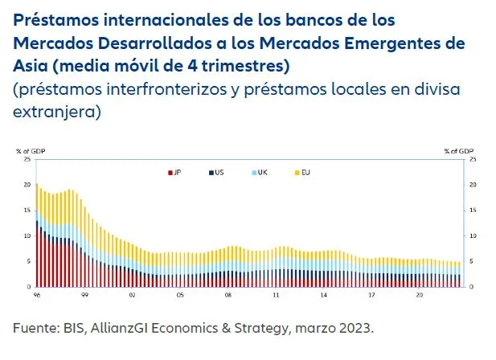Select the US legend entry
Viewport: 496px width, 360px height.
(x=218, y=172)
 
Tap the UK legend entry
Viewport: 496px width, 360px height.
(x=261, y=172)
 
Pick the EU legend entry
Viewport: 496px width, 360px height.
(x=305, y=172)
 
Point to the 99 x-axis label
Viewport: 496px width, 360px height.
(x=84, y=295)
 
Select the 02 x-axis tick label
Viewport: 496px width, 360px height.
(x=132, y=295)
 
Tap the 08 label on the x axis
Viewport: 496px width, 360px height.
(x=228, y=295)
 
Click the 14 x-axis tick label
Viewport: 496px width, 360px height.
(x=324, y=295)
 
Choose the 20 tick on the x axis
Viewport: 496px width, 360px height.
(x=419, y=295)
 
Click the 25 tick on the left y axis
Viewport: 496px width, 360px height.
(x=27, y=159)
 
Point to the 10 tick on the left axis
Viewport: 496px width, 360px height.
(x=27, y=236)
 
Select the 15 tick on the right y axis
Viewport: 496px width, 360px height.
(x=473, y=211)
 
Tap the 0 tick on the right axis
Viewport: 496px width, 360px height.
(x=471, y=287)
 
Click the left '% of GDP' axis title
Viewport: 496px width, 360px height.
(x=30, y=150)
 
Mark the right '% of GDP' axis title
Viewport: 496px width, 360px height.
(x=459, y=150)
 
